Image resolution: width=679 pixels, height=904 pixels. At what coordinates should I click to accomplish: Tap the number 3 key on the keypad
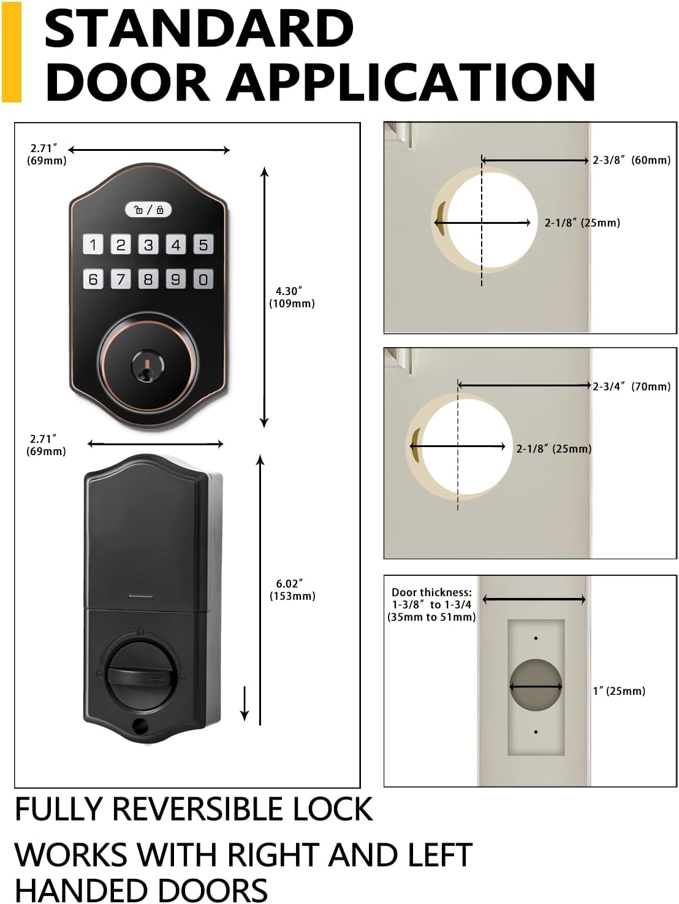(x=148, y=244)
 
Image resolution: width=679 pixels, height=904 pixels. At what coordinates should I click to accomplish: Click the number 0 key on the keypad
(x=203, y=279)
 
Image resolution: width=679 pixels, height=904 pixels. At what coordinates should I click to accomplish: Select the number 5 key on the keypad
(x=203, y=244)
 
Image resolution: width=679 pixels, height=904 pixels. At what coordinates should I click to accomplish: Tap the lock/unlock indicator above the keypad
(x=148, y=210)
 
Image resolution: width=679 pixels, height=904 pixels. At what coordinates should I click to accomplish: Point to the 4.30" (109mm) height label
(x=291, y=297)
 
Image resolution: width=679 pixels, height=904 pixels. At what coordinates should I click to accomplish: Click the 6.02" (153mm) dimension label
(x=292, y=590)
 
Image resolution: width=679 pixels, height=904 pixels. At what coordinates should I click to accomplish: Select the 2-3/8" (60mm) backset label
(x=632, y=160)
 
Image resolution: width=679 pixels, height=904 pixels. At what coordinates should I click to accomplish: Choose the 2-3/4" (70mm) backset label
(x=632, y=386)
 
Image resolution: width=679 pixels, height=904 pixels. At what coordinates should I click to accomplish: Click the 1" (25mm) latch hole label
(x=619, y=691)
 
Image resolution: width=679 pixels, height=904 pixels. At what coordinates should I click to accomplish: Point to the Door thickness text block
(x=431, y=605)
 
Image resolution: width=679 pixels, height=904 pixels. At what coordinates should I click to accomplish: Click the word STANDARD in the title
(x=199, y=29)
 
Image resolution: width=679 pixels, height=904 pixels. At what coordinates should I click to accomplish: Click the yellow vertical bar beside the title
(x=12, y=52)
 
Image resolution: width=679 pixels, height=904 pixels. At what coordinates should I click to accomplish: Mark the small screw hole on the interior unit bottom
(x=140, y=726)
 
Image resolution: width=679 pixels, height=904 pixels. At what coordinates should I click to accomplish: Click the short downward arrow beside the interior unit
(x=245, y=703)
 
